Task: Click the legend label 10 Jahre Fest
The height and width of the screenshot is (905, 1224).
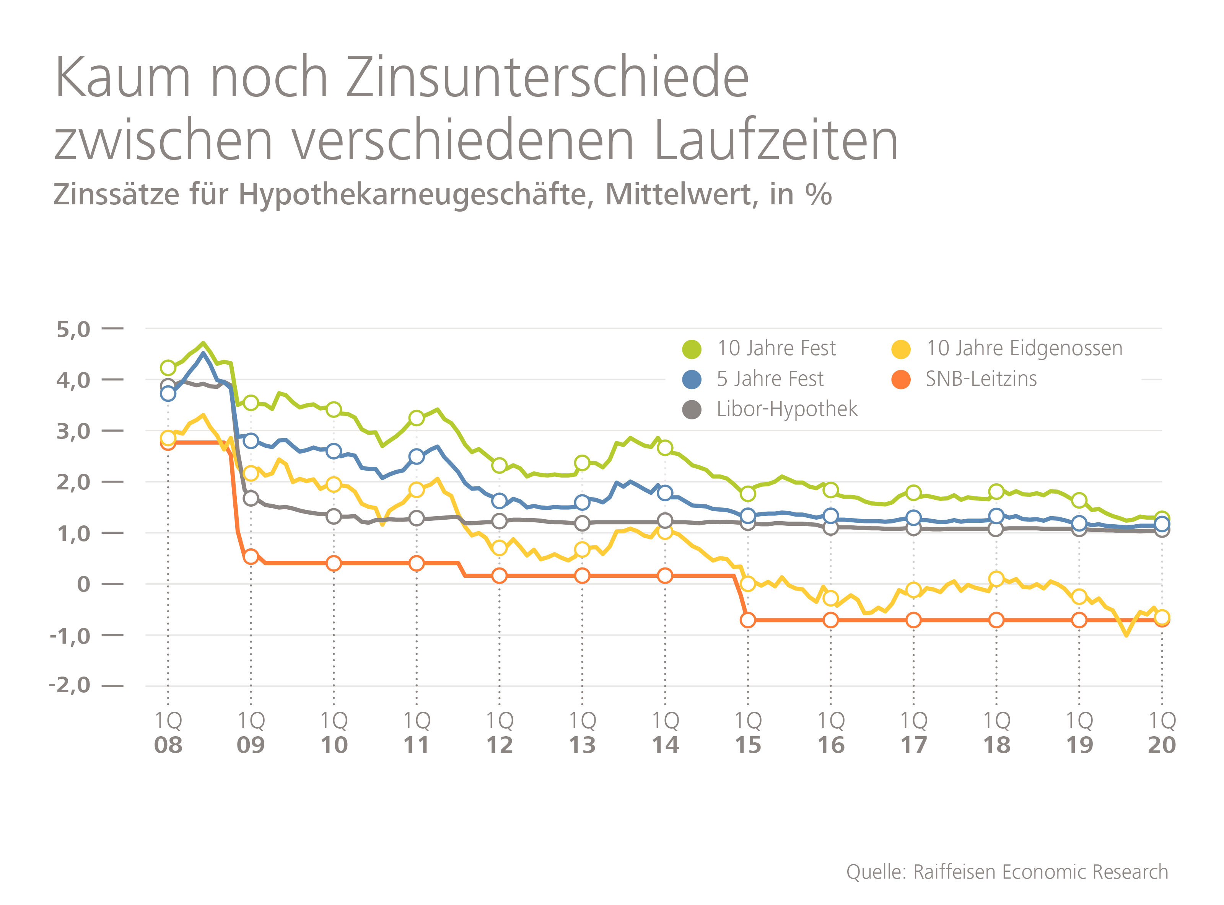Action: click(776, 348)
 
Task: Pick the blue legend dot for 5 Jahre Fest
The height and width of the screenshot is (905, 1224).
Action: click(692, 379)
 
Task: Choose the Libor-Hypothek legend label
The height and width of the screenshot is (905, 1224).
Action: click(786, 409)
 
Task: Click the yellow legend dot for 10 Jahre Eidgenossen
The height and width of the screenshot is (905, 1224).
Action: click(901, 349)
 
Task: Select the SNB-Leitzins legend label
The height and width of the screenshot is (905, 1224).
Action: click(981, 379)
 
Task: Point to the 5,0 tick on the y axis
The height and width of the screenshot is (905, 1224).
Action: click(73, 329)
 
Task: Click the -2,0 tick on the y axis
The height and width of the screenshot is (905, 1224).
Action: click(70, 685)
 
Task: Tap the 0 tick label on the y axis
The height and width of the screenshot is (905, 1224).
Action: click(84, 584)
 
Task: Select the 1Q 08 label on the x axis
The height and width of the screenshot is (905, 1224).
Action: click(168, 733)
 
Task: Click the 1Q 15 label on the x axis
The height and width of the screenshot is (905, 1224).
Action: click(748, 733)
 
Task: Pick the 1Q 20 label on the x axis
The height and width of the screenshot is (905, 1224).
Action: click(1162, 733)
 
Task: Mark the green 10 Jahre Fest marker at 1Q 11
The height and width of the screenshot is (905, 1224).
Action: click(416, 418)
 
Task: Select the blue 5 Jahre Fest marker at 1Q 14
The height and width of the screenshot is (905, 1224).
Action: click(665, 493)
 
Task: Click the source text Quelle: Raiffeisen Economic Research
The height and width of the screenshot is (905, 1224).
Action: click(1007, 872)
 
